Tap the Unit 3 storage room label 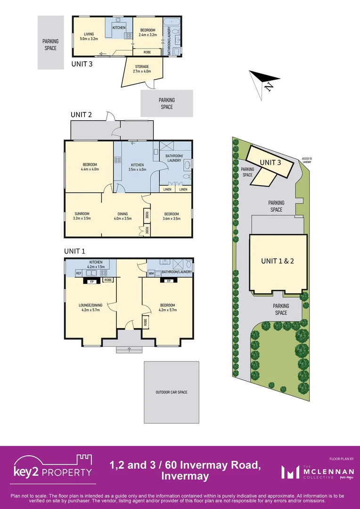click(141, 69)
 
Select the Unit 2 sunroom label click(82, 215)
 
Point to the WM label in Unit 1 click(151, 273)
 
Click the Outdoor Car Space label click(172, 392)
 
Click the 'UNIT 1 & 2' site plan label click(278, 261)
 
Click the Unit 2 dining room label click(122, 215)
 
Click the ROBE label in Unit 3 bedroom click(147, 52)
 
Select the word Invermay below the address click(185, 476)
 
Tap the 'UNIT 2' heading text click(81, 115)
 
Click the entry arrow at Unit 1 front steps click(130, 349)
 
